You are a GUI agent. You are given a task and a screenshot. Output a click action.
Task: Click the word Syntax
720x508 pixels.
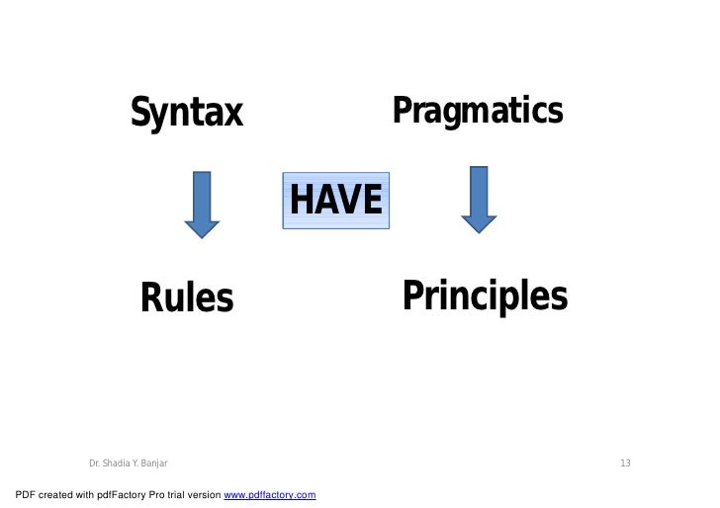pos(187,114)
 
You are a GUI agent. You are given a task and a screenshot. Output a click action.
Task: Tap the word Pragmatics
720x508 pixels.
pos(478,111)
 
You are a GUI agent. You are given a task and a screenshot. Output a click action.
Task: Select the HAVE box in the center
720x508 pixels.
pos(335,201)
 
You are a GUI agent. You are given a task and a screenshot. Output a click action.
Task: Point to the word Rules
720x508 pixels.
pos(187,296)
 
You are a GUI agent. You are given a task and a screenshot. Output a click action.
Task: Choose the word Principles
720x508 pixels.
pos(485,296)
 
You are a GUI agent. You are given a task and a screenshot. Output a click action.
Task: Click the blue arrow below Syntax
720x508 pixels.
pos(202,204)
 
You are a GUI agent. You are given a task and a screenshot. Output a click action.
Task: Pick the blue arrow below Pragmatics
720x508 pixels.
pos(479,199)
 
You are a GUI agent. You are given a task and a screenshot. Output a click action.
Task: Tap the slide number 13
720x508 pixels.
pos(625,464)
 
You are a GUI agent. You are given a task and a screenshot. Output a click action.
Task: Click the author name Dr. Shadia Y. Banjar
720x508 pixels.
pos(128,464)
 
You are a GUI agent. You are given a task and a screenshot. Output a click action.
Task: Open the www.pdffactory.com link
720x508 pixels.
pos(270,493)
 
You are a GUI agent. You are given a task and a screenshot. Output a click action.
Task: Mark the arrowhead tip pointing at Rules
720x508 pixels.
pos(202,236)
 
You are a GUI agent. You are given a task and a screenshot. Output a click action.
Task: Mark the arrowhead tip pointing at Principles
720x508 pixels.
pos(479,230)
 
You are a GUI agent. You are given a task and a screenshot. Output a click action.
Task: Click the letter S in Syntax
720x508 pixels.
pos(141,114)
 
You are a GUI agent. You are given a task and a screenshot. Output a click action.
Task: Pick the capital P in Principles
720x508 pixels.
pos(410,296)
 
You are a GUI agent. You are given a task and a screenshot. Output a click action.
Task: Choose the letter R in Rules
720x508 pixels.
pos(151,296)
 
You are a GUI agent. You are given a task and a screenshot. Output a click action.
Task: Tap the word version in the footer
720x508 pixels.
pos(206,493)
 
